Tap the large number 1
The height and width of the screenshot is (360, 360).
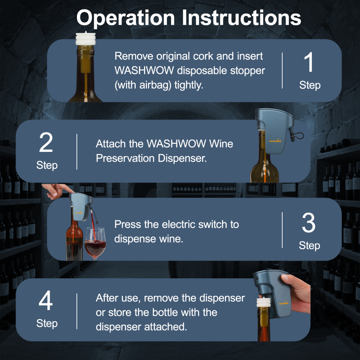(309, 63)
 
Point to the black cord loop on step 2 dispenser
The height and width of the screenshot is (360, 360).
(298, 136)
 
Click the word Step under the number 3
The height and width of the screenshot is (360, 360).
(309, 246)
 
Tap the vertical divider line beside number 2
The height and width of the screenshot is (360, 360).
(77, 151)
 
